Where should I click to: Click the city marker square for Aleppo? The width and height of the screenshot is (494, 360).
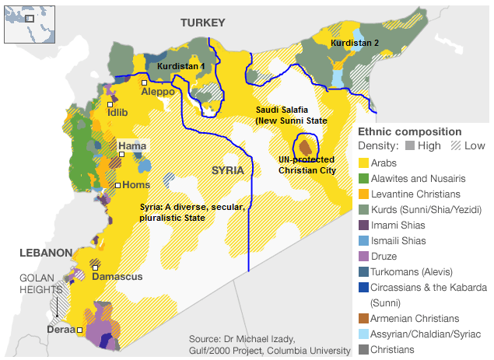(x=144, y=82)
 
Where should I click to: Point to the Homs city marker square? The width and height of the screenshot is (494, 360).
(x=117, y=185)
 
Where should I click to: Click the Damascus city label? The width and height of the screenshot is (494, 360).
(x=117, y=277)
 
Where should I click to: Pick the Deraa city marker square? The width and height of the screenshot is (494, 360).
(x=79, y=330)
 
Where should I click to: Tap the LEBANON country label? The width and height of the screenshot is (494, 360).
(x=46, y=253)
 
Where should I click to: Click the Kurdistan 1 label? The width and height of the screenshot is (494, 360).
(x=180, y=67)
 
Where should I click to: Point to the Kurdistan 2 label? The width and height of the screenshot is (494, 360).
(x=354, y=44)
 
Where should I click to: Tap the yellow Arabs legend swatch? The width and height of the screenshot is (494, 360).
(x=363, y=164)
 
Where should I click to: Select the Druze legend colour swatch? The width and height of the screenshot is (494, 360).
(x=363, y=255)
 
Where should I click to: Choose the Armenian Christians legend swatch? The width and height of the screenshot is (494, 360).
(x=363, y=319)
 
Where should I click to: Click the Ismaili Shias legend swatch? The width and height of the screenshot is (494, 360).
(x=363, y=240)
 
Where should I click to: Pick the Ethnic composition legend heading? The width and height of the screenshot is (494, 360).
(x=409, y=131)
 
